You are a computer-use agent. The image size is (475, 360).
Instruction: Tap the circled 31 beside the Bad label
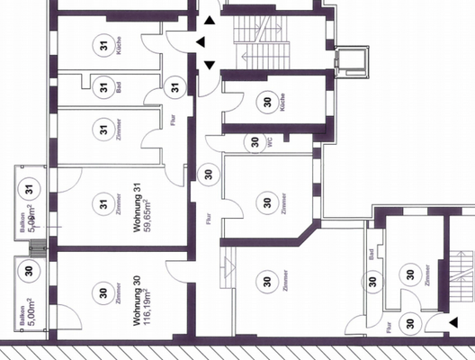[103, 88]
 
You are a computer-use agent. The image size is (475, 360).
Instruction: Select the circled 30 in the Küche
[266, 102]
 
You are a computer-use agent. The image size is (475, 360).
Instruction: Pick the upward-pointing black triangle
[210, 19]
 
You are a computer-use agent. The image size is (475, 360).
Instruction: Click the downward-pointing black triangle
[210, 65]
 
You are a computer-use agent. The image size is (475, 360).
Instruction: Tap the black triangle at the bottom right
[454, 321]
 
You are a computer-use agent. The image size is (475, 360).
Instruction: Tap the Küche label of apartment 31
[120, 45]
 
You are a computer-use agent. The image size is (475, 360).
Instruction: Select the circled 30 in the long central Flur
[208, 173]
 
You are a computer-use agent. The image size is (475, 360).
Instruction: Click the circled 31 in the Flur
[176, 87]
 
